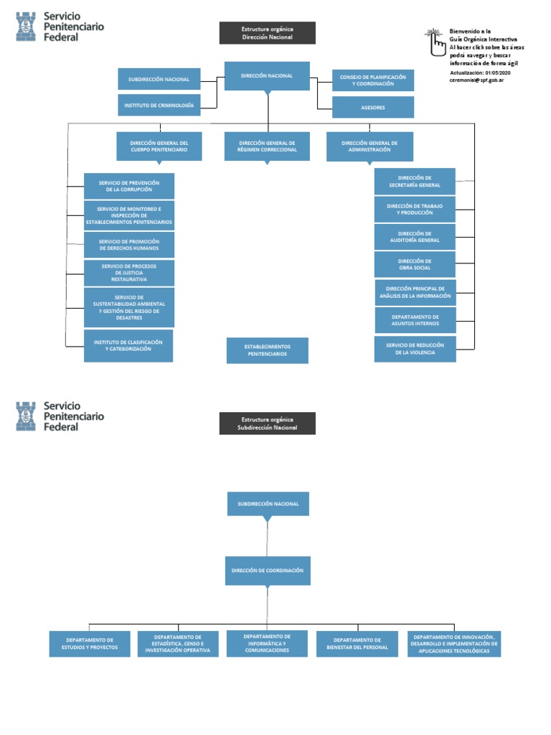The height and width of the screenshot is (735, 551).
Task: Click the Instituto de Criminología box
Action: [x=159, y=105]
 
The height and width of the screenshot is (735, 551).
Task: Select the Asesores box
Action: [x=373, y=108]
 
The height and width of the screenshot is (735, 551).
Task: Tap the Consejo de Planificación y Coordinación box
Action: [x=373, y=80]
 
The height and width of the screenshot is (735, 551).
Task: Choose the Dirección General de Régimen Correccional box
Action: [x=267, y=146]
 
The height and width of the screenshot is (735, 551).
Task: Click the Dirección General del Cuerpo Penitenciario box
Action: [x=159, y=146]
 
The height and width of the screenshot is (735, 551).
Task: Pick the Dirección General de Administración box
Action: [x=370, y=146]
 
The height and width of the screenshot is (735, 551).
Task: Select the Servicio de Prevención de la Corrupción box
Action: [x=129, y=186]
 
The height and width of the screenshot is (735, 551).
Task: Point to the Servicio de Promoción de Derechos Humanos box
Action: [x=129, y=245]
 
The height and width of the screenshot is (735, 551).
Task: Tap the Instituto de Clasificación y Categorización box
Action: [x=128, y=346]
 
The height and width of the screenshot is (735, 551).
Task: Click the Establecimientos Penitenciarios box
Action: [x=268, y=350]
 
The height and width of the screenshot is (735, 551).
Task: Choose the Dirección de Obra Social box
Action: [x=415, y=265]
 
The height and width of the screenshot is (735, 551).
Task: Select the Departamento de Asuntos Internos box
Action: [x=415, y=320]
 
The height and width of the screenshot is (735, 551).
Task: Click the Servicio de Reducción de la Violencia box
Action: [x=415, y=349]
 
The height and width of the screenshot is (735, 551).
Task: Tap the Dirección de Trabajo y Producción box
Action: [x=415, y=210]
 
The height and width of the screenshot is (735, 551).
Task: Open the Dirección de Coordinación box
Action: [x=268, y=571]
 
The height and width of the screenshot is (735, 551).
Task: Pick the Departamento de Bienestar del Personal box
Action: [x=357, y=644]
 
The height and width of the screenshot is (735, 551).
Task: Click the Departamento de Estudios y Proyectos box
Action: [x=90, y=644]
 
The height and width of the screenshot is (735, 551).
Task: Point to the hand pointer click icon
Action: [x=435, y=42]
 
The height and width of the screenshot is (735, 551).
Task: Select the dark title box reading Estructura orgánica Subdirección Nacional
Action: [x=268, y=423]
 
